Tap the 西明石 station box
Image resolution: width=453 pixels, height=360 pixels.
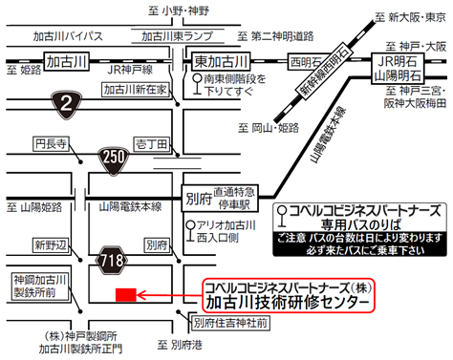pyautogui.click(x=307, y=62)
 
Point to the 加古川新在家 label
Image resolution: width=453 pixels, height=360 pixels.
pyautogui.click(x=139, y=88)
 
